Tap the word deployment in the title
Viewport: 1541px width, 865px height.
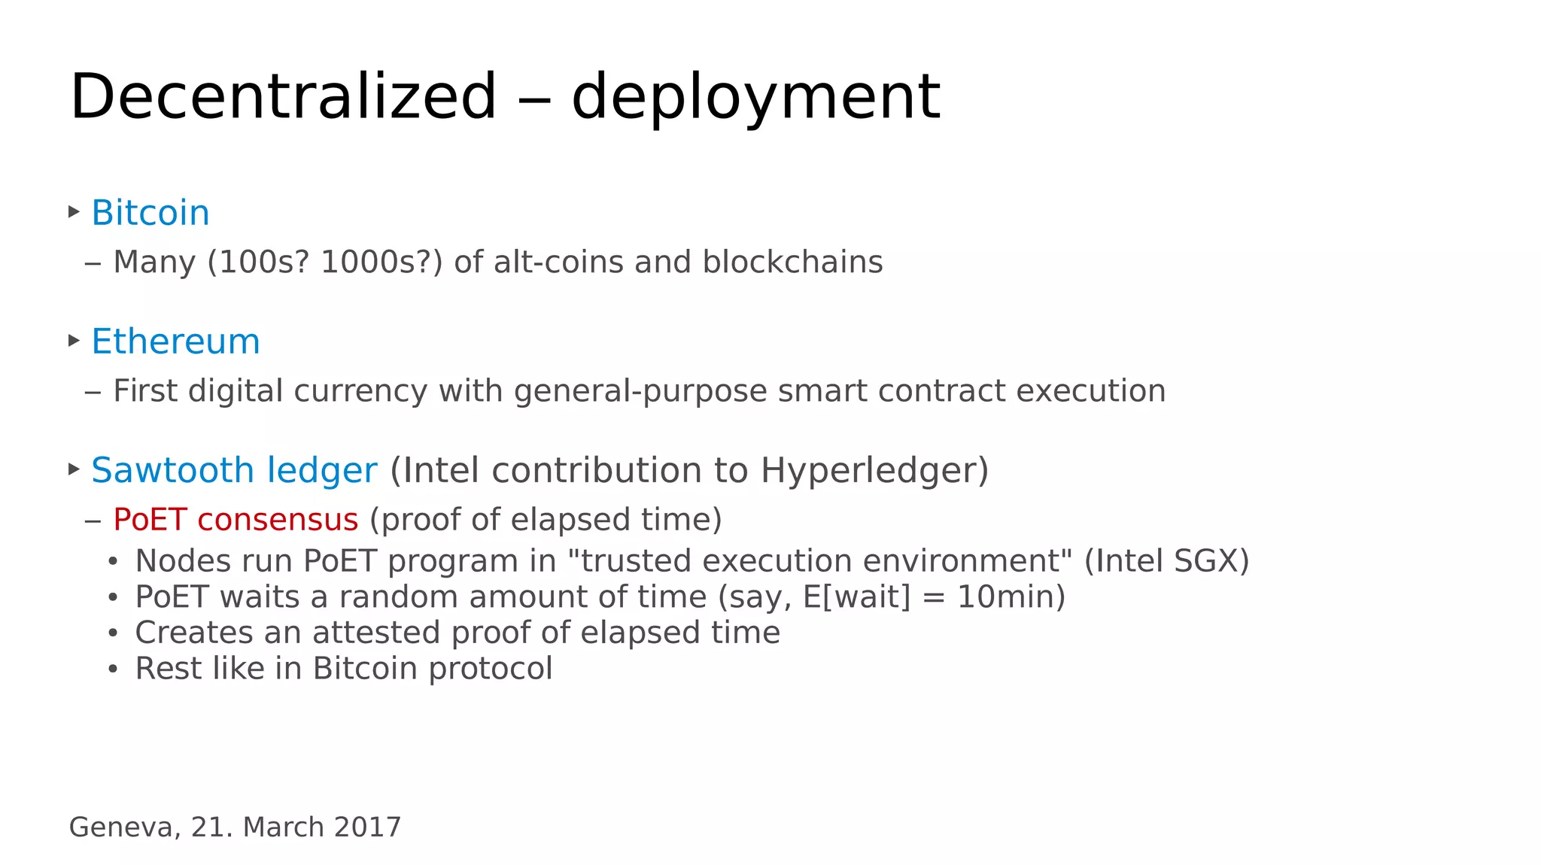[755, 98]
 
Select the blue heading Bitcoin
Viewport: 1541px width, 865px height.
[150, 213]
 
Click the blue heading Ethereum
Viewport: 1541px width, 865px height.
[175, 341]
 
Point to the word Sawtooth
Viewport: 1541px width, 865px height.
[172, 470]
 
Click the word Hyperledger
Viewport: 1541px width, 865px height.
[874, 471]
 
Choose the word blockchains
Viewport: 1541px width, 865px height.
[792, 263]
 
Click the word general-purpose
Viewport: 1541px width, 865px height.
[640, 391]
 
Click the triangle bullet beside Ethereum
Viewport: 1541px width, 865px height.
[74, 341]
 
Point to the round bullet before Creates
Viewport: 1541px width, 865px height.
[113, 633]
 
